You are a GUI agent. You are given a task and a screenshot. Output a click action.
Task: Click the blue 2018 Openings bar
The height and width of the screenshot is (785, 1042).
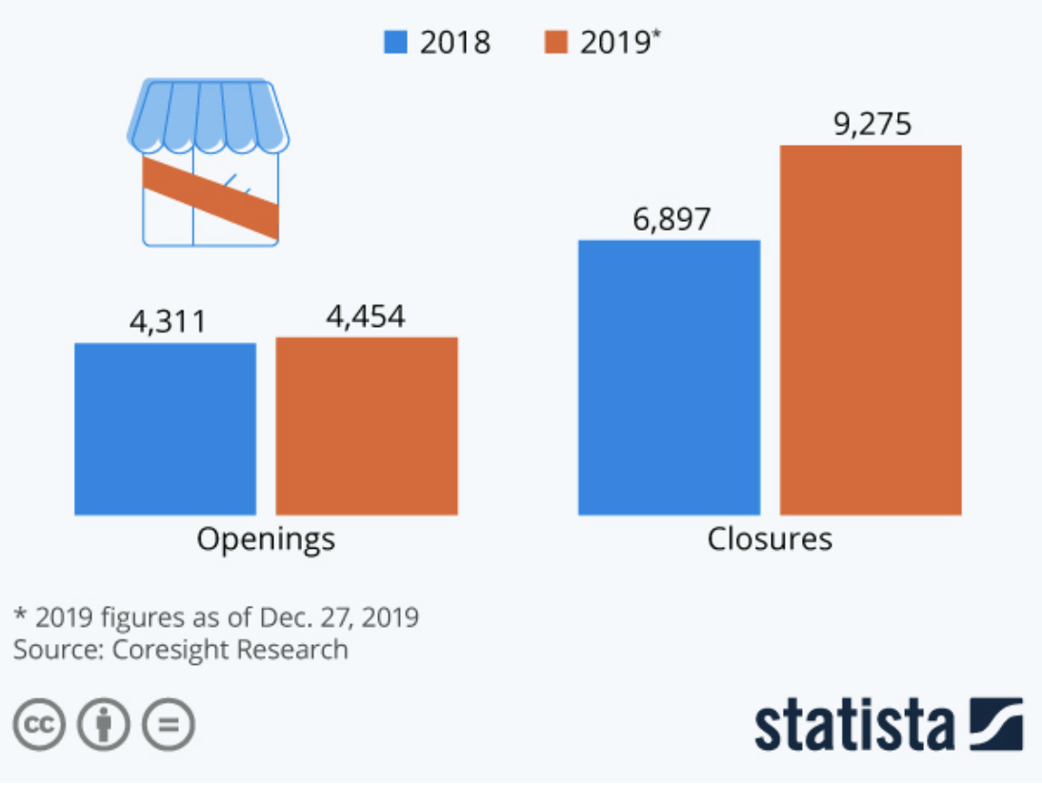(165, 429)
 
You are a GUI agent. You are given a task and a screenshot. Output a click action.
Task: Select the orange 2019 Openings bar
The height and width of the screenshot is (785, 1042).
(367, 426)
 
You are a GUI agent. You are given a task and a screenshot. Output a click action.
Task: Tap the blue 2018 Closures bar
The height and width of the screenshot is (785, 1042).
(669, 377)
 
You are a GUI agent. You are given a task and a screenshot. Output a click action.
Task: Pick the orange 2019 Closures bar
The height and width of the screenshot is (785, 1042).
(871, 330)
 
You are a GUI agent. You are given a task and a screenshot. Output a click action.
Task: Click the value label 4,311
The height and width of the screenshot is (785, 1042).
(168, 322)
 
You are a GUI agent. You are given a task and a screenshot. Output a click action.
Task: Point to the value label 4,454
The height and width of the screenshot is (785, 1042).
(366, 316)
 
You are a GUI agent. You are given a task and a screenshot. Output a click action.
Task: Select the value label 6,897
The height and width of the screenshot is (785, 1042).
(671, 219)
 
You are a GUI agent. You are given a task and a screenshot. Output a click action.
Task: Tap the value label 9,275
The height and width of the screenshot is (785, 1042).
(872, 125)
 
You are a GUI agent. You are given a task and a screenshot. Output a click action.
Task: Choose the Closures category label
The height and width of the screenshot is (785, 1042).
(770, 539)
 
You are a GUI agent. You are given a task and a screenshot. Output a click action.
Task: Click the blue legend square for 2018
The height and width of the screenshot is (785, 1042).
(395, 43)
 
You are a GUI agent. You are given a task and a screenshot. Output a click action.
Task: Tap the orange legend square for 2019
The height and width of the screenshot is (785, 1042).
(556, 43)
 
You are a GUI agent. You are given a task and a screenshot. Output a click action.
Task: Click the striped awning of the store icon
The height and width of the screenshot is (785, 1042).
(208, 114)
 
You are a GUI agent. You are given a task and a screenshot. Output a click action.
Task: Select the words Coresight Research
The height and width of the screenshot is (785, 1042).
(230, 650)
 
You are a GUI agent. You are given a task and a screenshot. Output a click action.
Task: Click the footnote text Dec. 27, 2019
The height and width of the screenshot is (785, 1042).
(339, 617)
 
